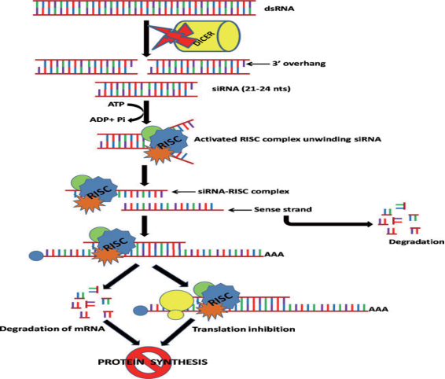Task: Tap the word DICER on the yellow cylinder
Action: pos(204,38)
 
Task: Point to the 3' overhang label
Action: pos(299,64)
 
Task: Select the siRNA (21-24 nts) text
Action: pos(251,89)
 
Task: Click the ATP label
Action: pos(116,105)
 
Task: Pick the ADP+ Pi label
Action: pos(108,120)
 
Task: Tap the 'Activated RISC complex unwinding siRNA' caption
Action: pos(288,139)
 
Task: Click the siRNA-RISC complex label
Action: pos(244,192)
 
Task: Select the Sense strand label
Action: pos(283,209)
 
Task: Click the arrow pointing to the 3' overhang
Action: pos(257,64)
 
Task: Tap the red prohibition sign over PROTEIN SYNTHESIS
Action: pos(149,362)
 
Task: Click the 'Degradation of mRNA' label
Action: pos(53,329)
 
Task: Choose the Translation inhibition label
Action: pos(244,329)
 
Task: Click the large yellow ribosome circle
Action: pos(177,301)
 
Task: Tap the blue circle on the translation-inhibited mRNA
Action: pos(141,311)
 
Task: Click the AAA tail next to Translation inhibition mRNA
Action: pos(378,309)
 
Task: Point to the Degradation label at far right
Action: pos(417,242)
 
